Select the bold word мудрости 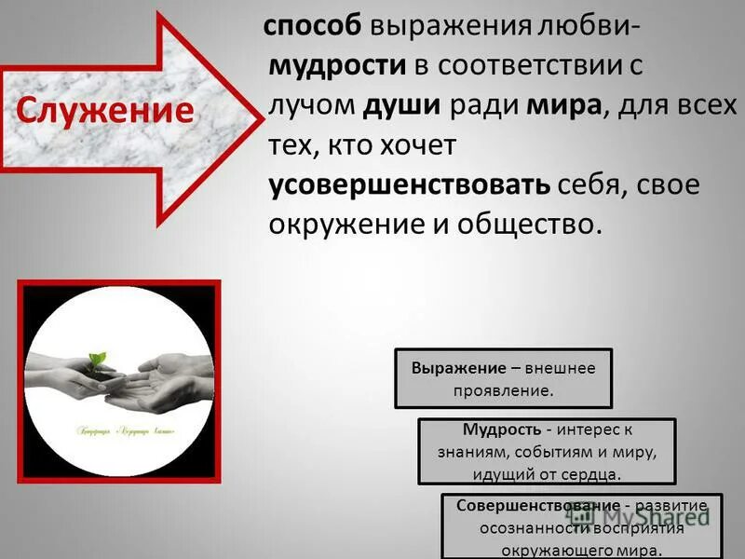(x=337, y=66)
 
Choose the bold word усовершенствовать (x=410, y=184)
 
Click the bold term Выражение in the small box (x=453, y=368)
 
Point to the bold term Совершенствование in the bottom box (x=526, y=505)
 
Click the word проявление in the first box (x=503, y=390)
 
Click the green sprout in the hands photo (x=97, y=359)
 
